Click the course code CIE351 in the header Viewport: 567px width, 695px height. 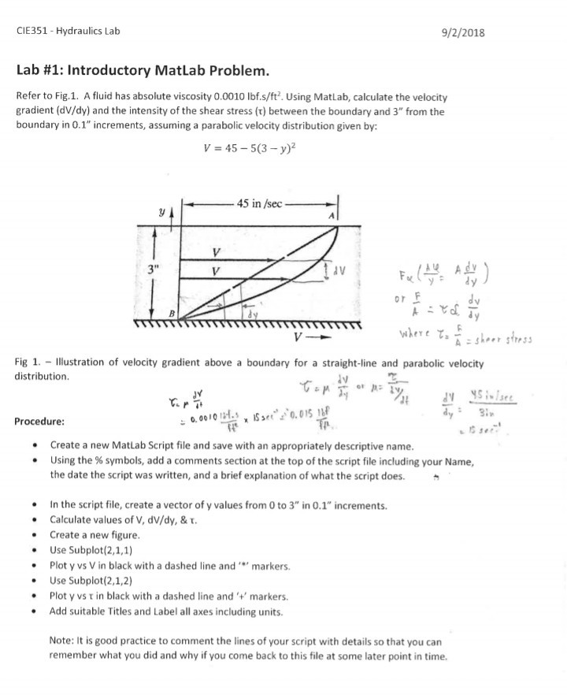click(x=33, y=32)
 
